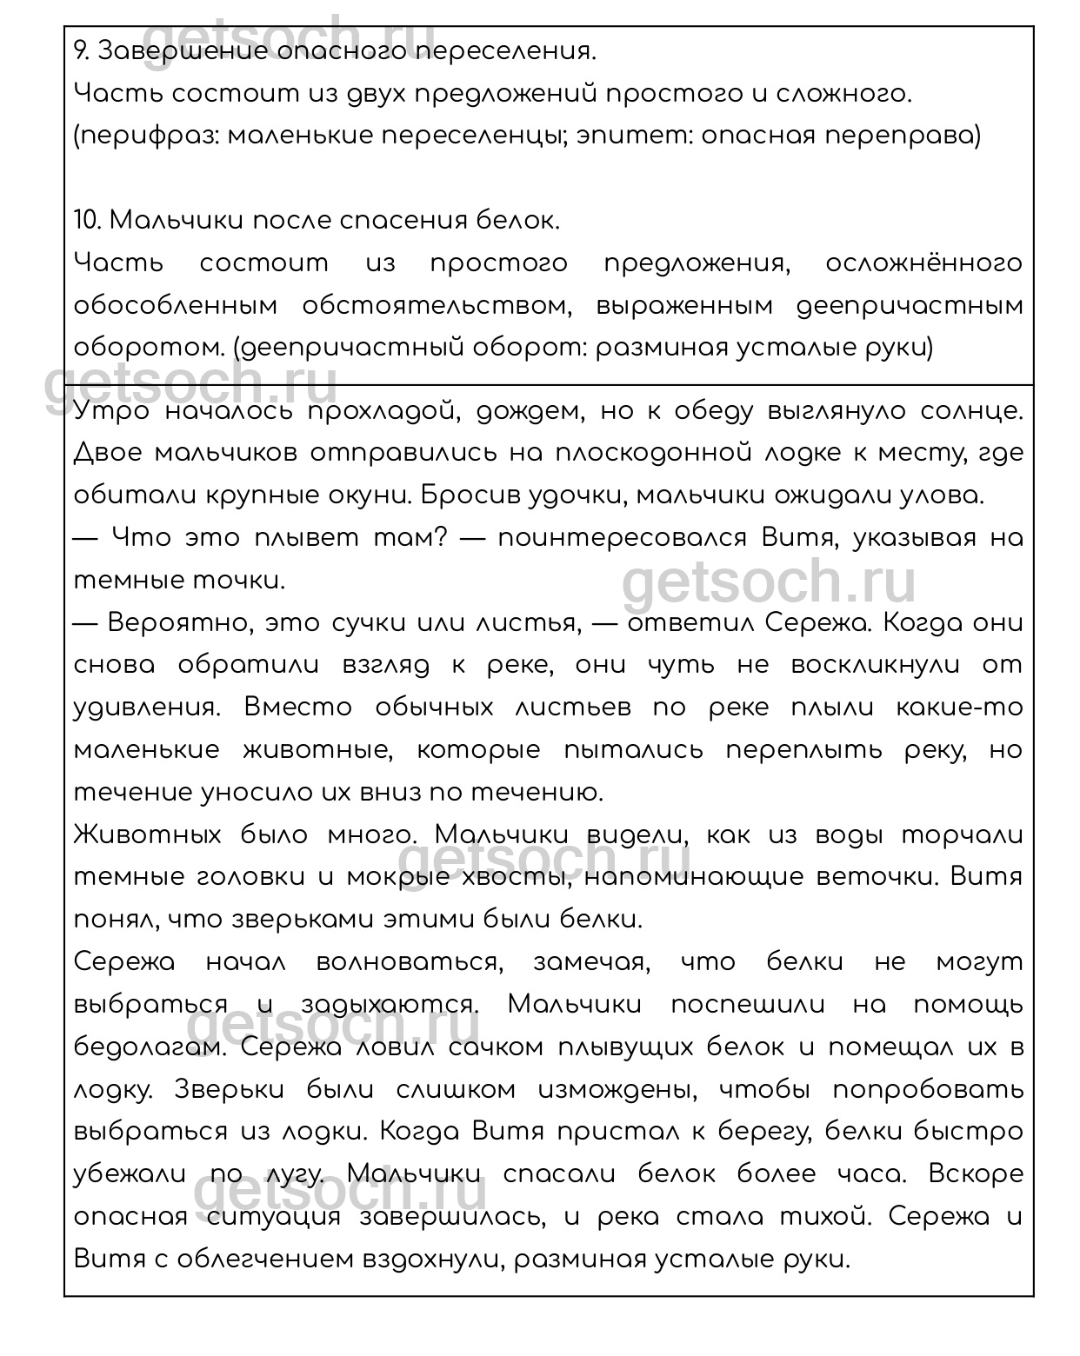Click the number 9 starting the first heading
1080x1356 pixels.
(x=80, y=52)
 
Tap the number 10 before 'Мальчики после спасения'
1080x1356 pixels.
(x=87, y=221)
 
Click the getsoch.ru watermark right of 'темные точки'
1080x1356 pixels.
(x=769, y=584)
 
